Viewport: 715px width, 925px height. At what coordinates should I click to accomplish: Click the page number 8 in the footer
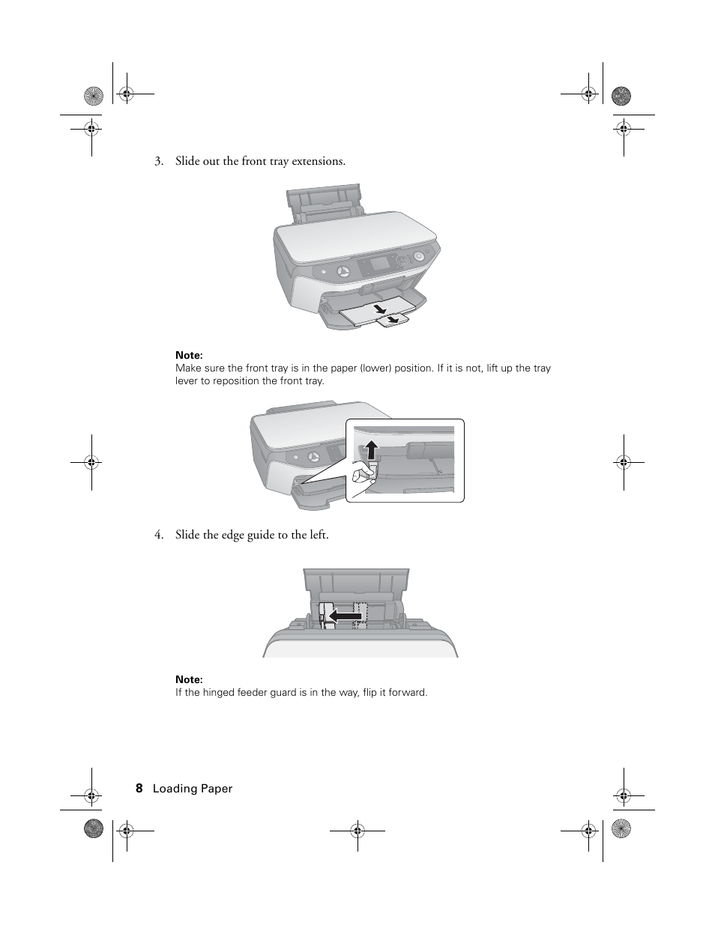(139, 788)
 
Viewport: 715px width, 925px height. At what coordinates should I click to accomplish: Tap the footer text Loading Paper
(193, 789)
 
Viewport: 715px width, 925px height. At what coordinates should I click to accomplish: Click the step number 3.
(158, 161)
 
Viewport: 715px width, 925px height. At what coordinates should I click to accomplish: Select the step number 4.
(158, 535)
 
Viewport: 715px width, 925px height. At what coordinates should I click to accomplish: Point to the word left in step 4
(318, 535)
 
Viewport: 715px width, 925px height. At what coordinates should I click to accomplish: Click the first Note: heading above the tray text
(189, 355)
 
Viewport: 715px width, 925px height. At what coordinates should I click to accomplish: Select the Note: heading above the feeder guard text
(189, 679)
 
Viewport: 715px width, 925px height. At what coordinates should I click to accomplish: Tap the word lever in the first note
(187, 380)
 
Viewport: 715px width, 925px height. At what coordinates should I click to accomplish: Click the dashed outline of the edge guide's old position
(361, 612)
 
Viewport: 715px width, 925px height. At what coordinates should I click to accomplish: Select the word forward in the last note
(408, 692)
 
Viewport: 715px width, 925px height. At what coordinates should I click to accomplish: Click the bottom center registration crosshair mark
(357, 830)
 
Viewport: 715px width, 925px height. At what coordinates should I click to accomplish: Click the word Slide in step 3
(187, 161)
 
